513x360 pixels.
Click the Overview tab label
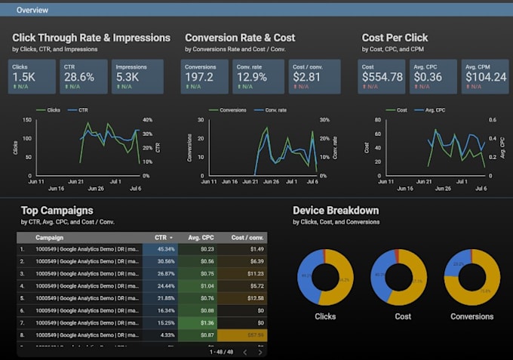point(32,11)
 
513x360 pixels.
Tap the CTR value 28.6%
point(79,77)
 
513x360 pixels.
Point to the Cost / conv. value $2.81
point(308,77)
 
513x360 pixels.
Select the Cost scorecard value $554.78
point(382,77)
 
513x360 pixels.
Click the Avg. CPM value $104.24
point(485,77)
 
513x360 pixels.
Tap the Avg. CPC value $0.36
point(428,77)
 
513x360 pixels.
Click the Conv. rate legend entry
point(278,110)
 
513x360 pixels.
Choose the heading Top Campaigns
point(57,211)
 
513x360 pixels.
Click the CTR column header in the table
point(161,237)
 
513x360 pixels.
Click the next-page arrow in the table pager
point(260,352)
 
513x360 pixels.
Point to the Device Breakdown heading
point(336,211)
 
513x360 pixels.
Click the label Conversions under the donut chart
point(472,316)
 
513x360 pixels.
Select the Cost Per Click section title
point(395,38)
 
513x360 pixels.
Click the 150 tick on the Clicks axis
point(26,120)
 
